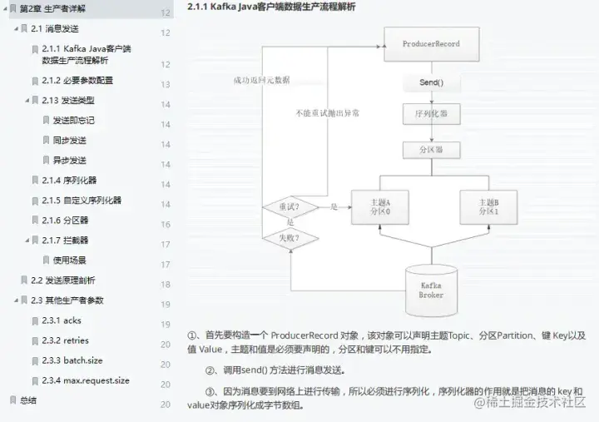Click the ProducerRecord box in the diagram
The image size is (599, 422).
coord(430,43)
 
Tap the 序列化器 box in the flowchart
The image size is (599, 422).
coord(430,112)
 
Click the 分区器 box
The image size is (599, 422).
coord(430,151)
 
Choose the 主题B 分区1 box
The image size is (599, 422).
coord(488,207)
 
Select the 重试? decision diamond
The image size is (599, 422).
coord(290,206)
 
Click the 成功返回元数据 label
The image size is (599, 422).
coord(261,81)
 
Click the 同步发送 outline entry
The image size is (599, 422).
coord(70,140)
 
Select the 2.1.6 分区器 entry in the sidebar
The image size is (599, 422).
coord(66,220)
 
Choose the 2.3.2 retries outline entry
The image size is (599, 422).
coord(66,340)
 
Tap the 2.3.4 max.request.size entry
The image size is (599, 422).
coord(86,380)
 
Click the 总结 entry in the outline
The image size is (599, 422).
coord(29,400)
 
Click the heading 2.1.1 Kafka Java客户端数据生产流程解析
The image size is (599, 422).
coord(271,7)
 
